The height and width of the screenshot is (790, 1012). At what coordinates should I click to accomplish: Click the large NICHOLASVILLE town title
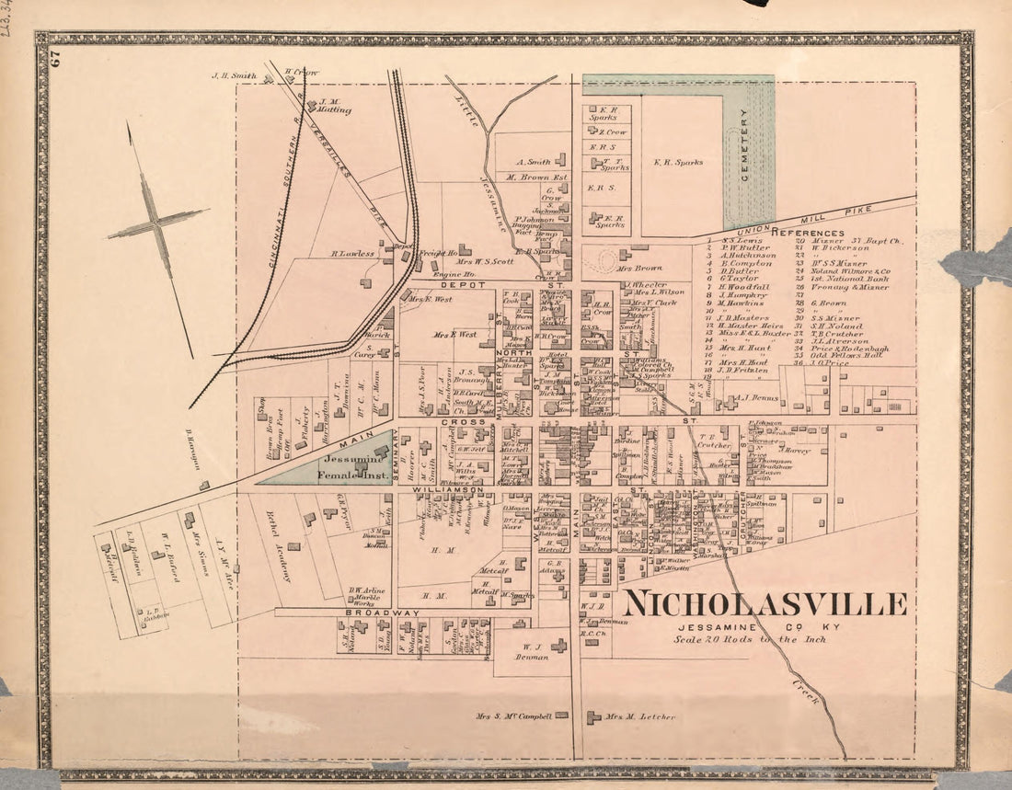point(765,604)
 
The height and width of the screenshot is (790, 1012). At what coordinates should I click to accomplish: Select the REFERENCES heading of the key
point(808,234)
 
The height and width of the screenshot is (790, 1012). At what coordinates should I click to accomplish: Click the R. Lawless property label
point(352,253)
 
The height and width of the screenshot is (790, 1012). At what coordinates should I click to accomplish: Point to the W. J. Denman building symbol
point(558,647)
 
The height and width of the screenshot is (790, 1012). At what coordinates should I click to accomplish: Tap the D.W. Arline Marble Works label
point(365,596)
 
